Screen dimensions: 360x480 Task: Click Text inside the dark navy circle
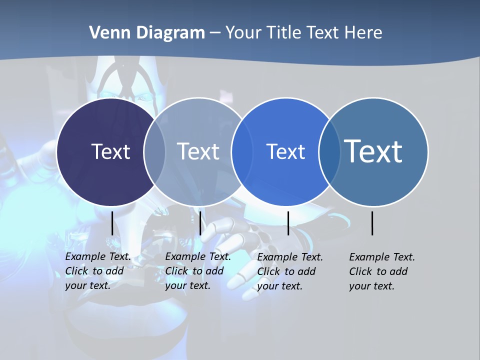pos(110,151)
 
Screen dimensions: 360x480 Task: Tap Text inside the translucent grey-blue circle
pos(198,151)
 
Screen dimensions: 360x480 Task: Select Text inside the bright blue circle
pos(285,151)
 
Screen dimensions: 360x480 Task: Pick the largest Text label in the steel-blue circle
pos(373,151)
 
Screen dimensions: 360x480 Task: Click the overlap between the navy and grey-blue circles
pos(154,152)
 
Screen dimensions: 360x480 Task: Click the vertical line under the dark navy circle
pos(112,223)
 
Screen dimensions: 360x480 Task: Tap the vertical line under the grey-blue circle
pos(200,223)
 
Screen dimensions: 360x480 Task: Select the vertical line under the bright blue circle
pos(288,223)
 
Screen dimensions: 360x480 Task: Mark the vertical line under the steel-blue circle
pos(372,223)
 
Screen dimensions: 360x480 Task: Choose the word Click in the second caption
pos(176,271)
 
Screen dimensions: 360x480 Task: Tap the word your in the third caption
pos(267,286)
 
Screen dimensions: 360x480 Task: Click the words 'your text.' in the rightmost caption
pos(372,286)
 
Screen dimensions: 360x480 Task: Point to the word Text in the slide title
pos(322,33)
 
